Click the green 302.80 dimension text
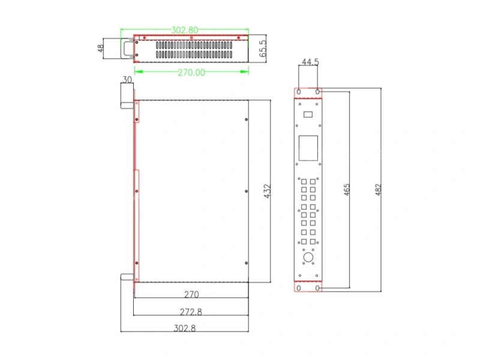pos(185,30)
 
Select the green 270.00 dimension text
pos(191,73)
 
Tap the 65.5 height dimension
pos(263,49)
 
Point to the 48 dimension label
pos(100,49)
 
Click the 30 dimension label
pos(127,80)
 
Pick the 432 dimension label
pos(267,191)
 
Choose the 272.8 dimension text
pos(191,311)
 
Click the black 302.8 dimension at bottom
pos(185,328)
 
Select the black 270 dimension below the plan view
pos(191,294)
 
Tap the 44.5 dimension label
pos(310,62)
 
